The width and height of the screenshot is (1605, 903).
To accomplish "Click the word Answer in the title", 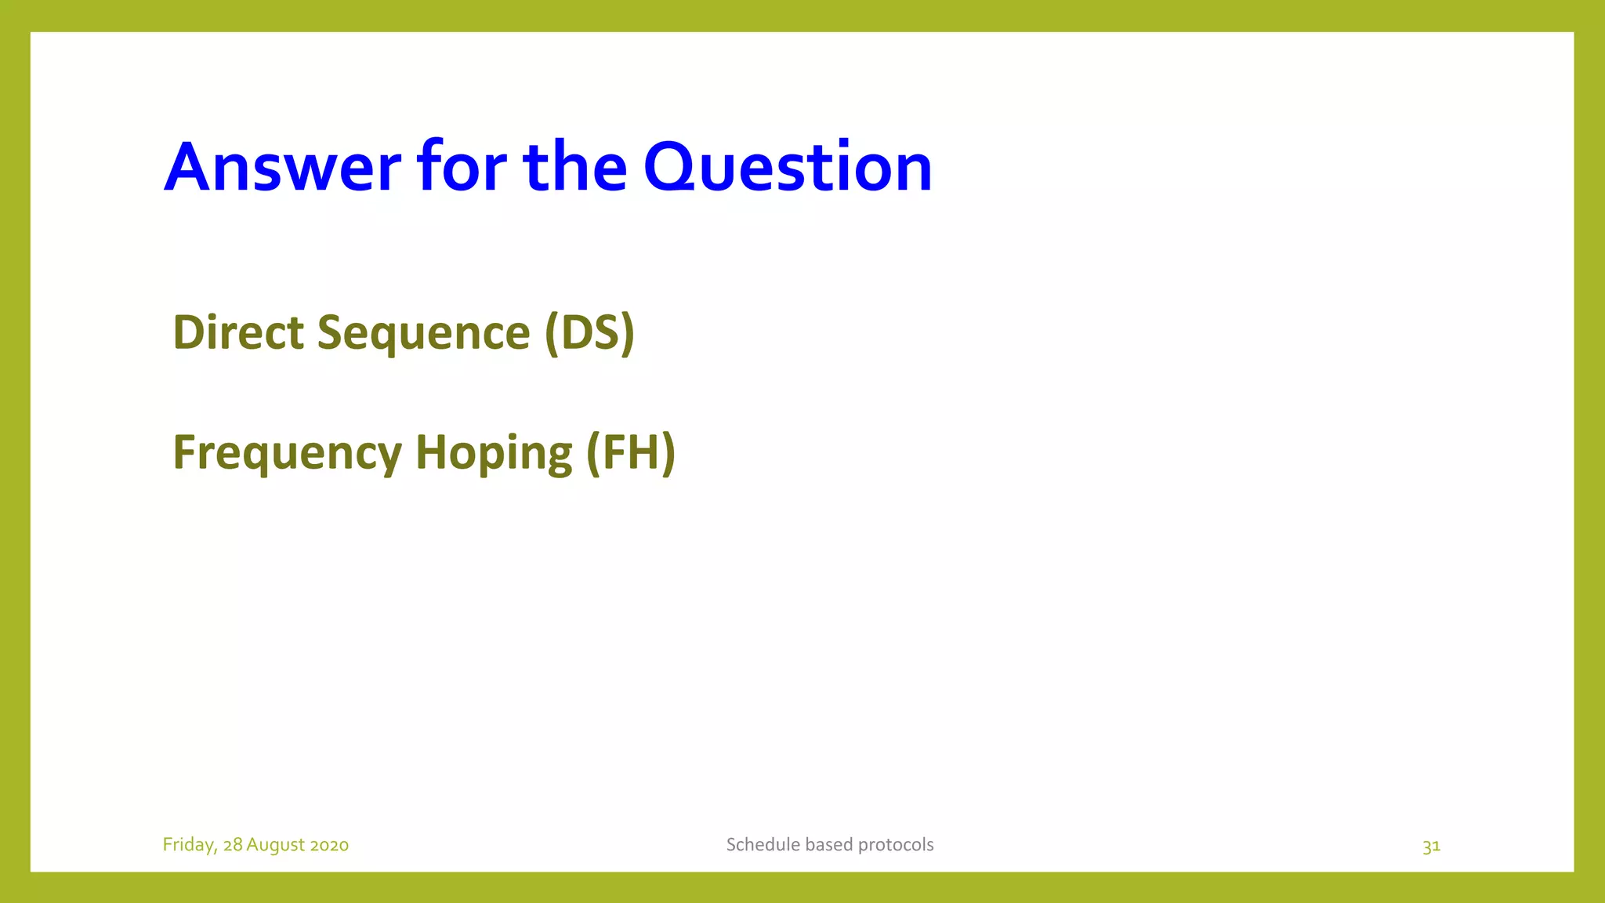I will (x=282, y=167).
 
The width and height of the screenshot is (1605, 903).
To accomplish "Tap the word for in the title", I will (x=462, y=167).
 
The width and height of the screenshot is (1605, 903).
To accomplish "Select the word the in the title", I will (x=574, y=167).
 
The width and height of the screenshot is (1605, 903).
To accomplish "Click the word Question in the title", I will (x=788, y=167).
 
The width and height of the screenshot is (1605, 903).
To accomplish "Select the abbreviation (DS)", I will (x=589, y=332).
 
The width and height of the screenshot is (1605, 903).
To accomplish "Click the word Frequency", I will (x=287, y=453).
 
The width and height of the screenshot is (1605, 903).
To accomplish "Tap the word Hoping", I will (x=494, y=453).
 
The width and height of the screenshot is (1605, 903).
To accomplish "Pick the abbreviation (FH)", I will (x=631, y=453).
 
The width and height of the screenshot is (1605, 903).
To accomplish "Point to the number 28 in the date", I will (x=233, y=845).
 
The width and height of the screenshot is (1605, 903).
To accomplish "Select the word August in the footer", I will (x=275, y=845).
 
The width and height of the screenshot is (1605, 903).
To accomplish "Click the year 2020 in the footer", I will (x=329, y=845).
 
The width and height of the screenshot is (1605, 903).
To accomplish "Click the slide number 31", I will (x=1431, y=846).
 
